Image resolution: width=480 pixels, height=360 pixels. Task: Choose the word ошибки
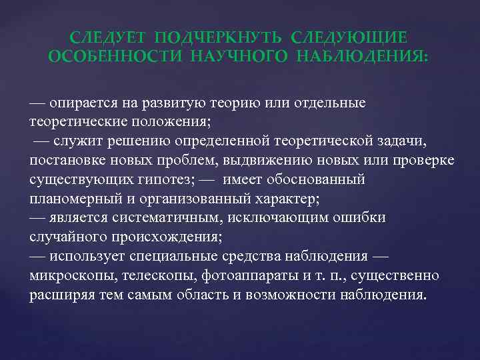pyautogui.click(x=364, y=219)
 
